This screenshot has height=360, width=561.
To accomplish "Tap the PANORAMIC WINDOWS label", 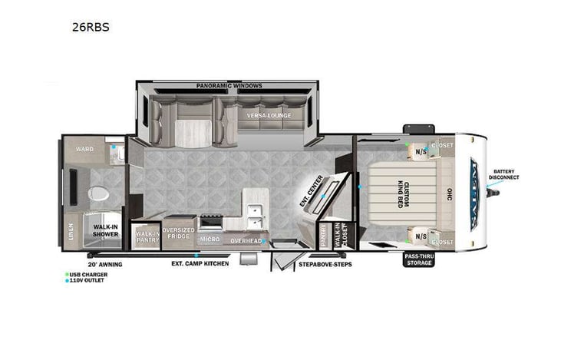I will pyautogui.click(x=228, y=86).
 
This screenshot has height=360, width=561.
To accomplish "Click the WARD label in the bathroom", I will pyautogui.click(x=84, y=149).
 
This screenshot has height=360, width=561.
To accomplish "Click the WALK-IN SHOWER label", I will pyautogui.click(x=106, y=231).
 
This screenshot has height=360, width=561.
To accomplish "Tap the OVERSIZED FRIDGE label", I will pyautogui.click(x=179, y=233).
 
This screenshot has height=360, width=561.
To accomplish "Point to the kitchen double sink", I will pyautogui.click(x=256, y=216).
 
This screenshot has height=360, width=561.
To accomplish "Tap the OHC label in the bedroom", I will pyautogui.click(x=450, y=195).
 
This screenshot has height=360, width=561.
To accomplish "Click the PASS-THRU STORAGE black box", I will pyautogui.click(x=419, y=259).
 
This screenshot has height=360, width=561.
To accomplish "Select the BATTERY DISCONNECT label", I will pyautogui.click(x=506, y=175).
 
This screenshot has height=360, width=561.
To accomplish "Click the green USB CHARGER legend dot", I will pyautogui.click(x=67, y=274).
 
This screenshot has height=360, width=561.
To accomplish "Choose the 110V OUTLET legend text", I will pyautogui.click(x=87, y=280).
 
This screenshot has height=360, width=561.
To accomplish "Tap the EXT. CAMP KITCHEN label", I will pyautogui.click(x=200, y=263).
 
